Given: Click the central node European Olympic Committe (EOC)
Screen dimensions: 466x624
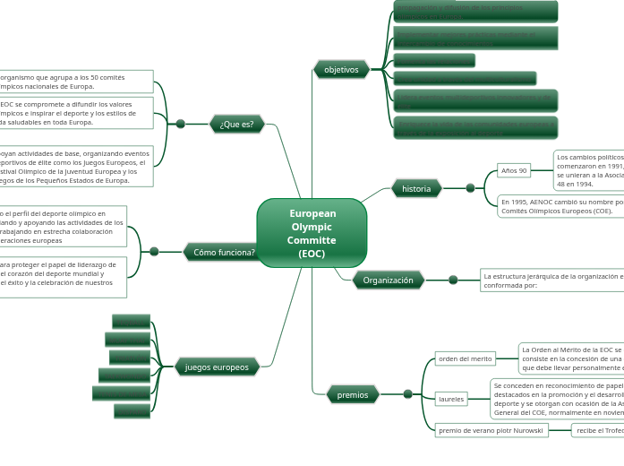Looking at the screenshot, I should pyautogui.click(x=312, y=233).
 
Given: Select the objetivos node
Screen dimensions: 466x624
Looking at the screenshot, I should pyautogui.click(x=341, y=69).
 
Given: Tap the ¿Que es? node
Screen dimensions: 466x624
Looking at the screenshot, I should pyautogui.click(x=236, y=124).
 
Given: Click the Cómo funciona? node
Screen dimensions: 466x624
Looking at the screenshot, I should pyautogui.click(x=224, y=252).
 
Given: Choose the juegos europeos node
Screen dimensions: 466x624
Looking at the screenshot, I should pyautogui.click(x=217, y=367).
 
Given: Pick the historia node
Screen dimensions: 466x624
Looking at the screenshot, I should pyautogui.click(x=416, y=188).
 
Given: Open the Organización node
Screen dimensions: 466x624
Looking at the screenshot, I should pyautogui.click(x=389, y=280).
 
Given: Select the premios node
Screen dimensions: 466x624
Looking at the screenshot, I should pyautogui.click(x=353, y=394).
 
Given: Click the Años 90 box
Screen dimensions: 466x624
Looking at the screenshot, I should pyautogui.click(x=514, y=170).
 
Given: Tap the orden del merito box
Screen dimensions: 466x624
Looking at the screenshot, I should pyautogui.click(x=465, y=358).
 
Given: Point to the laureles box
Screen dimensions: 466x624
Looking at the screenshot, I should pyautogui.click(x=451, y=398).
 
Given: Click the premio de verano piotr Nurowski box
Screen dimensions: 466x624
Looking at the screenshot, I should pyautogui.click(x=491, y=430).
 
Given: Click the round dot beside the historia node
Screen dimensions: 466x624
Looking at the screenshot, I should pyautogui.click(x=470, y=188).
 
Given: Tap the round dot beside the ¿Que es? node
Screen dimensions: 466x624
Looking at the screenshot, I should pyautogui.click(x=181, y=124).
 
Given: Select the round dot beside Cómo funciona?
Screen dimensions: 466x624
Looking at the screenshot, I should pyautogui.click(x=154, y=252).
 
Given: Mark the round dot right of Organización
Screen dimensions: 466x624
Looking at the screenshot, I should pyautogui.click(x=453, y=280).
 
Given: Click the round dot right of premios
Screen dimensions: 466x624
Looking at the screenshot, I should pyautogui.click(x=408, y=394).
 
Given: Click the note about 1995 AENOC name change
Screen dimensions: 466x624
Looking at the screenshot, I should pyautogui.click(x=560, y=206).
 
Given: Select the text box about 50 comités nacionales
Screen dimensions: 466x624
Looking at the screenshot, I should pyautogui.click(x=76, y=82).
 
